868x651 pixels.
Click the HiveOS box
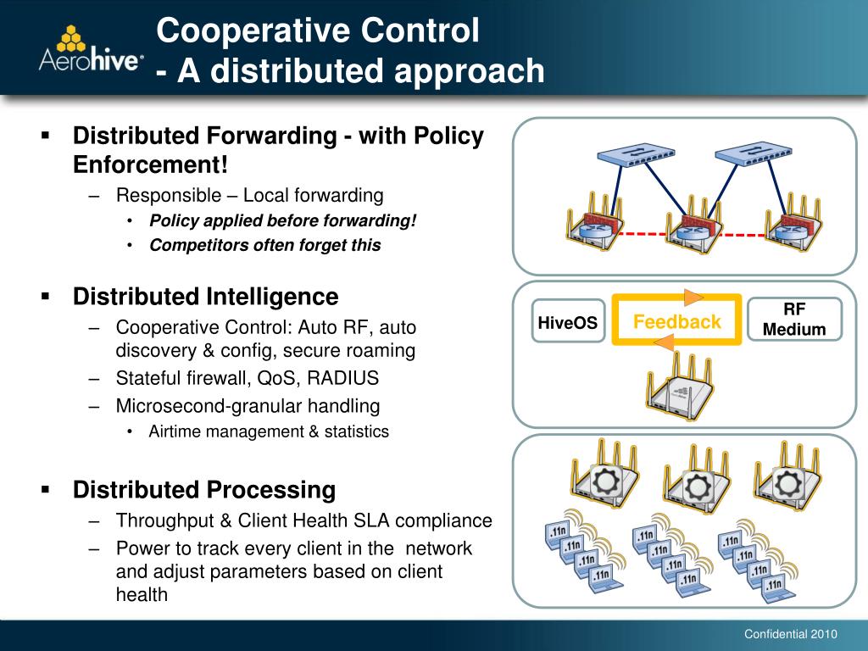click(x=568, y=323)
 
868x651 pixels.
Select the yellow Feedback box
click(x=676, y=322)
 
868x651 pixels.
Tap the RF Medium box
click(x=794, y=320)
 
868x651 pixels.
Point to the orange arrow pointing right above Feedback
click(x=694, y=297)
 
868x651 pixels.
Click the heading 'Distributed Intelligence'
click(x=205, y=297)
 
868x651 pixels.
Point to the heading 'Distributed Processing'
click(x=203, y=490)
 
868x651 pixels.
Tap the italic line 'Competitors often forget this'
click(x=265, y=245)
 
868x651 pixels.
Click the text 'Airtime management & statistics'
click(x=269, y=431)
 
